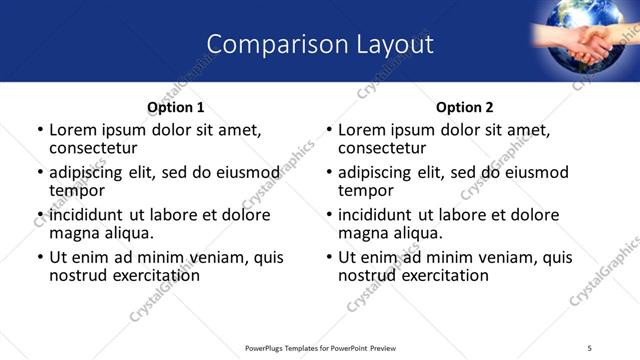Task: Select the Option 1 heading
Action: coord(175,107)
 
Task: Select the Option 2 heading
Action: coord(465,107)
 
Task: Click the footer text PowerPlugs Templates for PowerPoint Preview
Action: coord(321,348)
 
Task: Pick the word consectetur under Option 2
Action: coord(382,148)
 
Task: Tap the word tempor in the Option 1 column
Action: coord(77,191)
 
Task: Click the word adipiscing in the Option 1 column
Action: coord(92,172)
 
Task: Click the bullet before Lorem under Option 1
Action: coord(39,130)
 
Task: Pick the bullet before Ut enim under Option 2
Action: coord(328,257)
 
